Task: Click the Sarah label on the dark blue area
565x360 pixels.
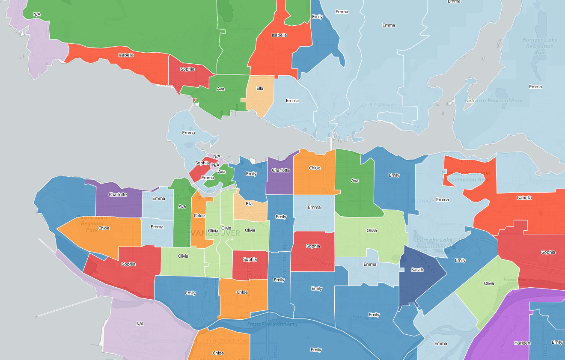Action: (x=417, y=270)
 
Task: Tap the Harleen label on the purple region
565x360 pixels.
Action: (x=522, y=343)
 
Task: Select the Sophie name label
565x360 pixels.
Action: (x=187, y=69)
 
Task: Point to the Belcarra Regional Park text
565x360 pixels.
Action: (x=494, y=101)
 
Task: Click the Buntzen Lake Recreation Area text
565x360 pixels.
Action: (x=540, y=46)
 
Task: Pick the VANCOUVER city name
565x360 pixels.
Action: (x=216, y=233)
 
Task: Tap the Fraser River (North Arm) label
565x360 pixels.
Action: (x=272, y=324)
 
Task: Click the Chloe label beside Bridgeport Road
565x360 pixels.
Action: (x=218, y=353)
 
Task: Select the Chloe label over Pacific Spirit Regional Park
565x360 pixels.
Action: (x=104, y=228)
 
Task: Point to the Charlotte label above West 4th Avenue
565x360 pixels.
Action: (x=118, y=194)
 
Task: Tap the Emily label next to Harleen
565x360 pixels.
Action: (x=557, y=342)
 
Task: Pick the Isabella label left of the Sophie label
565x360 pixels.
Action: (x=126, y=55)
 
